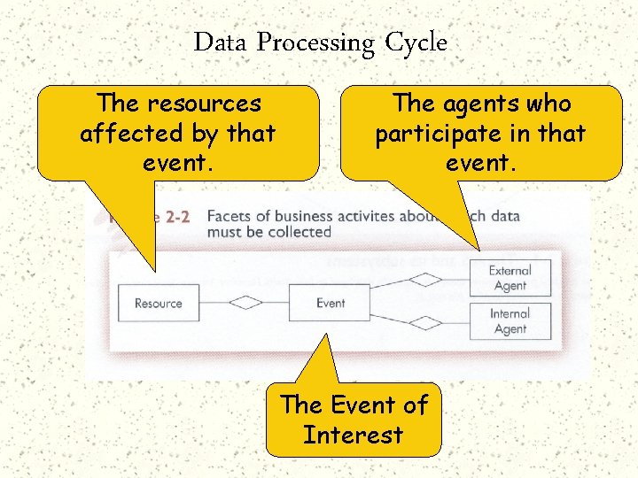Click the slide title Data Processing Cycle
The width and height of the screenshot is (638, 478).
coord(320,42)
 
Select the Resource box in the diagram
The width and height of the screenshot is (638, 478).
coord(158,303)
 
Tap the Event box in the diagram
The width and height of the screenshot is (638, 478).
coord(331,303)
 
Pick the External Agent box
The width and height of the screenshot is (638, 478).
coord(510,278)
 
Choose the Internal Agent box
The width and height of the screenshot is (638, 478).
coord(510,320)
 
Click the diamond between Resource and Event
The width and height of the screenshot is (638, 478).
coord(245,303)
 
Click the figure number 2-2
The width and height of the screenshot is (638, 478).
coord(177,218)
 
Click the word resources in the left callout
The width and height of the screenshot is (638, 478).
coord(204,104)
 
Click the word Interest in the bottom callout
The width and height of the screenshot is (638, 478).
coord(353,435)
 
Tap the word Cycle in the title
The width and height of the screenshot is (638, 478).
coord(416,42)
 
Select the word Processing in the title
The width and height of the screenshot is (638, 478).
coord(315,42)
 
